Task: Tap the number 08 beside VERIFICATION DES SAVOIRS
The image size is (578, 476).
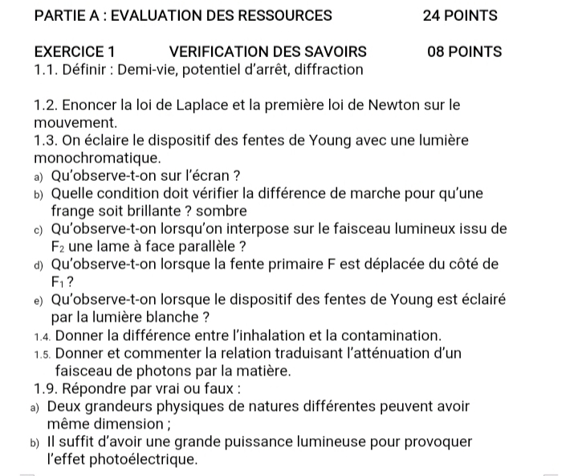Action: tap(438, 51)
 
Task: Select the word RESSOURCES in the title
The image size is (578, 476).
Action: tap(279, 15)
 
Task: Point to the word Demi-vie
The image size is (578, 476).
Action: tap(149, 70)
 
